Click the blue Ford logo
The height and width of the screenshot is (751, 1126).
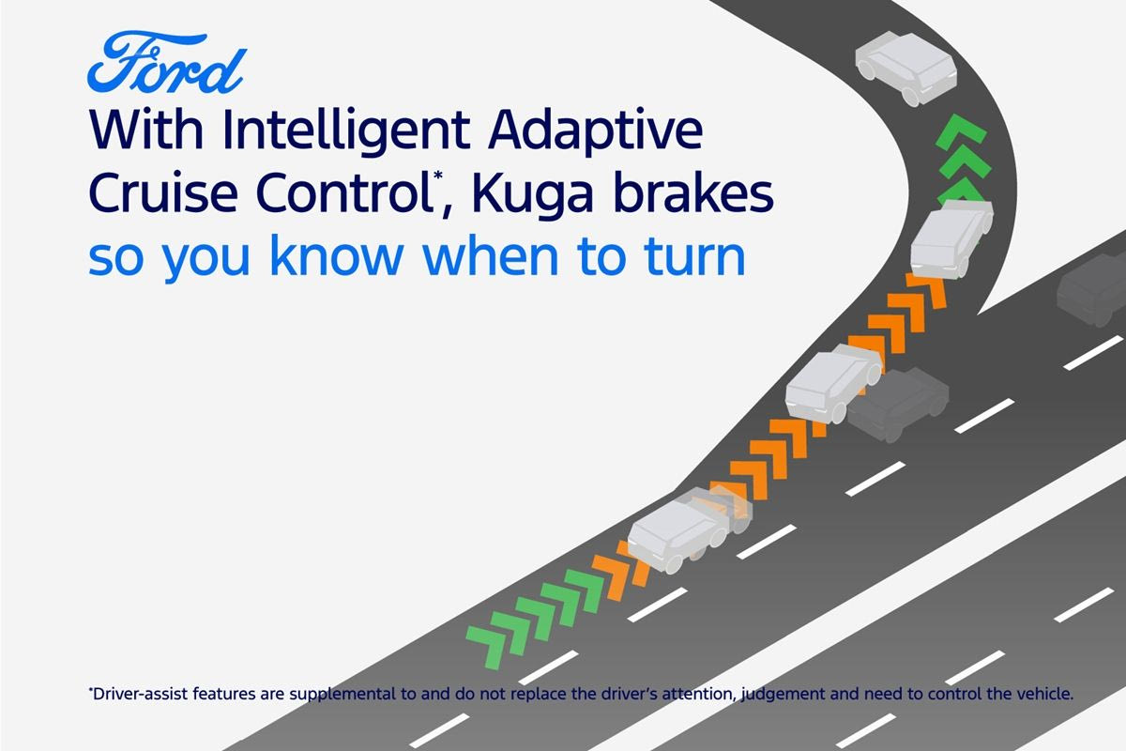point(167,63)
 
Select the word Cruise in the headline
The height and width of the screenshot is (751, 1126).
point(163,193)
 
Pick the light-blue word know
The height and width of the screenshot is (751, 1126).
point(337,255)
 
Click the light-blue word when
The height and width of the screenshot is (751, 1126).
point(490,255)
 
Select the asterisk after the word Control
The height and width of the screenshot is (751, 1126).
point(438,175)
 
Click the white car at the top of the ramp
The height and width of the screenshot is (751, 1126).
point(905,68)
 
